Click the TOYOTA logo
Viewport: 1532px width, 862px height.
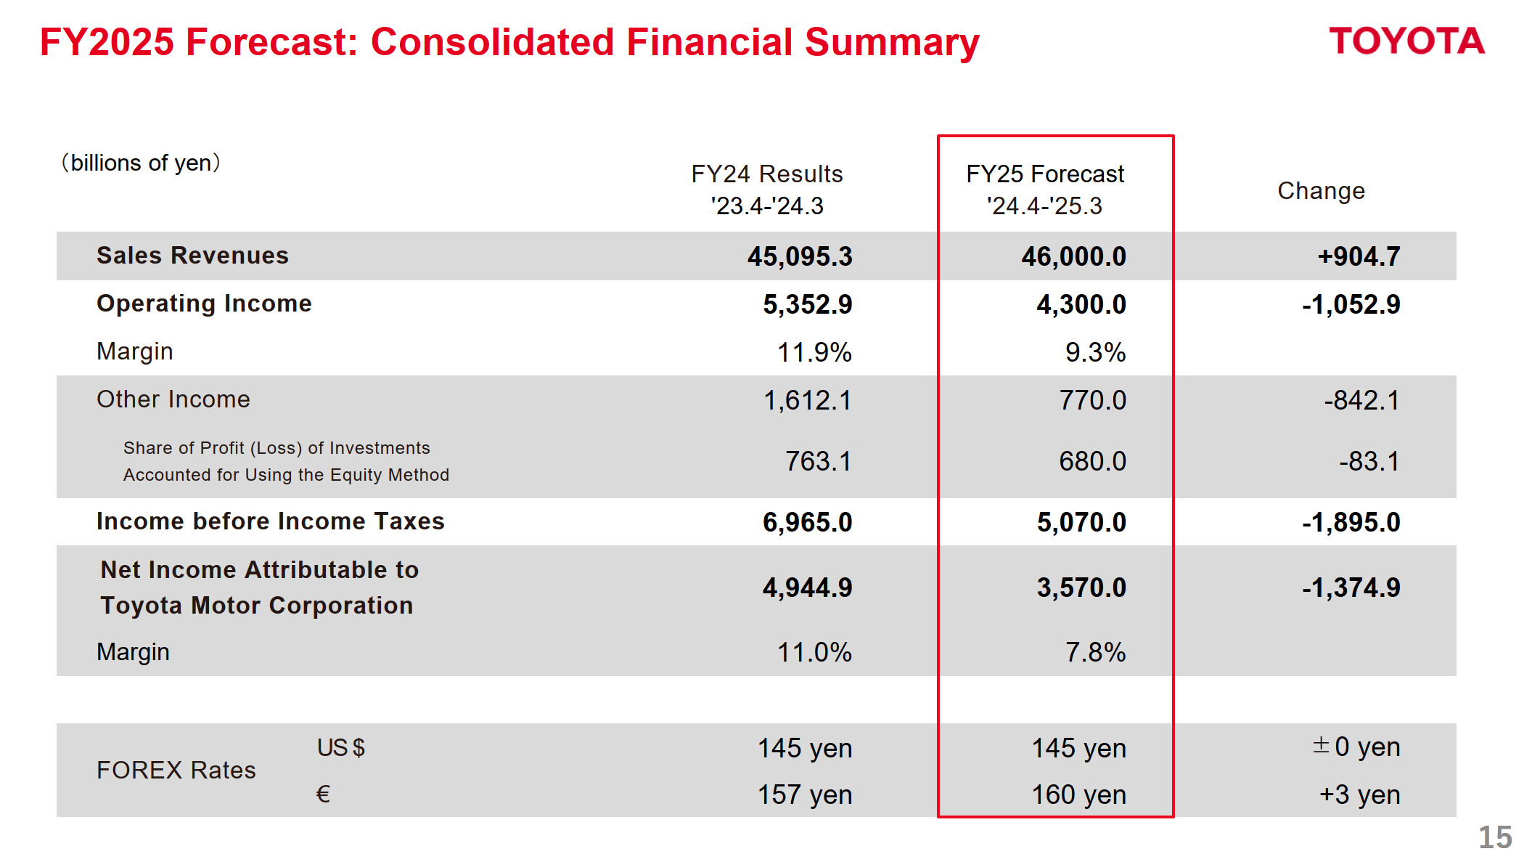pos(1406,41)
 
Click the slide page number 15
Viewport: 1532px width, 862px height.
pos(1495,837)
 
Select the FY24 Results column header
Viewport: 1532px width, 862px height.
pos(767,190)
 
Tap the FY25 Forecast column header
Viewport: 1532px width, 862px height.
pos(1044,190)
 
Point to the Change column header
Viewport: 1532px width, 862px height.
pos(1321,191)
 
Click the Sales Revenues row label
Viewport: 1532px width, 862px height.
pos(192,256)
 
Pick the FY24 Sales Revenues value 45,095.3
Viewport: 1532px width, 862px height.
pos(800,256)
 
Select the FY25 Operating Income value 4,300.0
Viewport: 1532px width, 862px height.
pos(1081,304)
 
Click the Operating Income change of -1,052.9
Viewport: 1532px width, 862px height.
pos(1351,304)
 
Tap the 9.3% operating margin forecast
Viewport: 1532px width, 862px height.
pos(1095,352)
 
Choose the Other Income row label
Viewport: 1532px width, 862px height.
pos(173,399)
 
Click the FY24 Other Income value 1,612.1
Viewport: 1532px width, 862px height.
pos(807,400)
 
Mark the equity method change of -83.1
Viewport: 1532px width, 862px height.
pos(1369,461)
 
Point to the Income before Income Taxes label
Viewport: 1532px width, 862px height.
pos(270,521)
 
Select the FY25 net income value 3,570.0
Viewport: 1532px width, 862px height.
pos(1081,587)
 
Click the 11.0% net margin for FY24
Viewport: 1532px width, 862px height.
pos(814,652)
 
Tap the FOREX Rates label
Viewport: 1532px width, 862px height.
pos(176,770)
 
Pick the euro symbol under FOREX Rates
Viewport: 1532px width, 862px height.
pos(323,794)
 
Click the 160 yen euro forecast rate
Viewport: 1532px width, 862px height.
pos(1078,794)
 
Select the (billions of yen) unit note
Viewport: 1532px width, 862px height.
pos(141,163)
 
